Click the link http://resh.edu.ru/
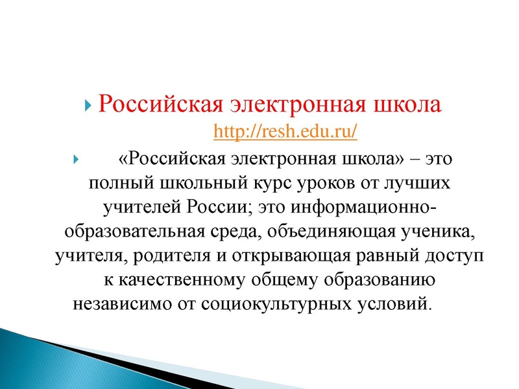285,132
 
